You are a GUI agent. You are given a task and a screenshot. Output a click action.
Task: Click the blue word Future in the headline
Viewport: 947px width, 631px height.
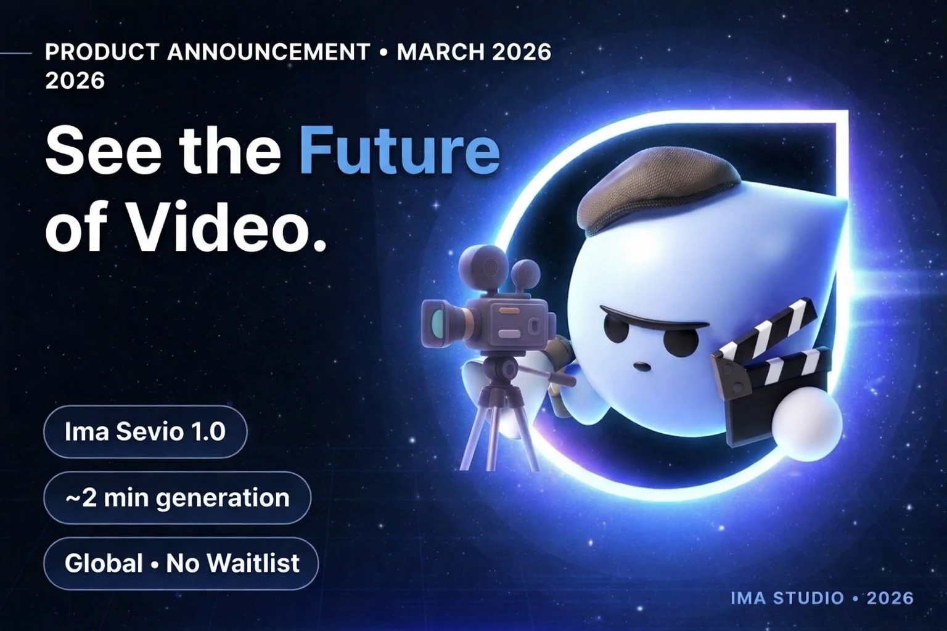[x=399, y=151]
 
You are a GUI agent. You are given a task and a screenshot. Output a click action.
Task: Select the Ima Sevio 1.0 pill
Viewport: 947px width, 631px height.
[x=146, y=431]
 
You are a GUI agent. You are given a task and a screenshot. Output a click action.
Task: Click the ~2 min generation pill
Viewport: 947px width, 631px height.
[x=178, y=497]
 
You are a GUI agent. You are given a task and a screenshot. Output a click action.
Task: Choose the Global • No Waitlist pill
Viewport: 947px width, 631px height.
[x=181, y=563]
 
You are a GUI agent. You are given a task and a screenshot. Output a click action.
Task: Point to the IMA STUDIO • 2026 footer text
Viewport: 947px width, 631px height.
[x=821, y=598]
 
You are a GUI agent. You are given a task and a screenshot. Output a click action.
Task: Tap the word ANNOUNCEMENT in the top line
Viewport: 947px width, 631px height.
[x=268, y=52]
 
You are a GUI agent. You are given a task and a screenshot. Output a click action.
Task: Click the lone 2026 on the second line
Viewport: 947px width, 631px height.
[x=75, y=81]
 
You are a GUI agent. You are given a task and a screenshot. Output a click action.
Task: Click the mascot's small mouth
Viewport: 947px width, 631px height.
[x=642, y=366]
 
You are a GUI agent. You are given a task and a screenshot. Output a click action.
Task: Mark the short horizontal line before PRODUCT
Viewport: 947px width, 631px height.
[x=16, y=54]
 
